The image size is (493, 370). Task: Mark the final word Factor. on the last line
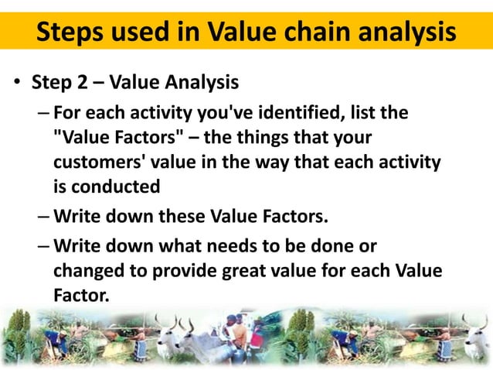click(81, 296)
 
